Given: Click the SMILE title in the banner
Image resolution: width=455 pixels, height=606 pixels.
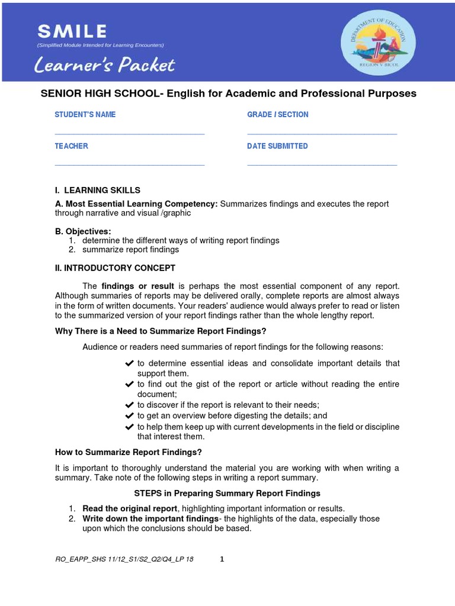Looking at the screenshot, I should pos(72,31).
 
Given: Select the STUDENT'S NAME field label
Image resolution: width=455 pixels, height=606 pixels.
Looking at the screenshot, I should pos(85,115).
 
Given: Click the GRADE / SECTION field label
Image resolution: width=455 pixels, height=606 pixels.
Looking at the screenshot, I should pos(277,115).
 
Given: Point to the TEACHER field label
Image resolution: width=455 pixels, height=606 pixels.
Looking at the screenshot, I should pos(72,146).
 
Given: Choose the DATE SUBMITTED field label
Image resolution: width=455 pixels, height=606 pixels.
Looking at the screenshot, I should pos(277,146).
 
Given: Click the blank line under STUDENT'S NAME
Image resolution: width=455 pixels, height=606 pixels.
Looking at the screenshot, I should pos(129,134).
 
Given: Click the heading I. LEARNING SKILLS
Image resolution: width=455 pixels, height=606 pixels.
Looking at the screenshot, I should pos(98,191).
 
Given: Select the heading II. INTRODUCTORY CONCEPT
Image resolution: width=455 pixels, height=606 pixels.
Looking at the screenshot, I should pos(115,268).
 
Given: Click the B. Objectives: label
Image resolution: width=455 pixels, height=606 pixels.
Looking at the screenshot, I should pos(83,231).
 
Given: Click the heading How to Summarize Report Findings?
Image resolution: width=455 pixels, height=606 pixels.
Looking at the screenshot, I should pos(129,453).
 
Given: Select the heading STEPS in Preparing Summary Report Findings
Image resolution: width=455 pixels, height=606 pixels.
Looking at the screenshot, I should pos(227,493).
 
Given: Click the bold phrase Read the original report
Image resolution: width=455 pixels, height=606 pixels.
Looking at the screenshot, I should pos(130,508).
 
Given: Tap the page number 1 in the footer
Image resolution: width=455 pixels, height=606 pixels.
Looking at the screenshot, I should pos(222,559).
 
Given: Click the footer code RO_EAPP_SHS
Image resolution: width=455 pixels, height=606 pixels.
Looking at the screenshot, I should pos(124,559).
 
